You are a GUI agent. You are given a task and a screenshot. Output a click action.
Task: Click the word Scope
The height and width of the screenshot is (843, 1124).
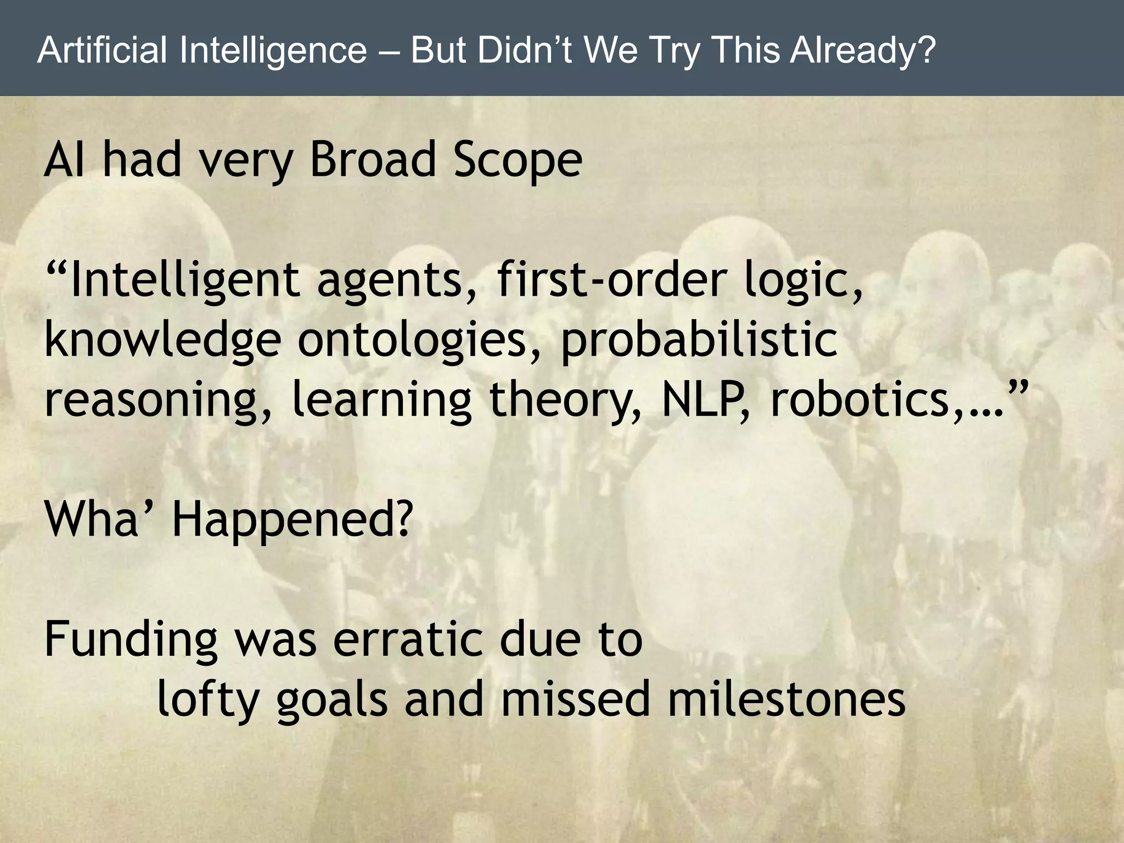click(x=517, y=160)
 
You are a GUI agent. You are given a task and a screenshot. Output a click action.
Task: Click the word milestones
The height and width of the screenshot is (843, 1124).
click(x=785, y=699)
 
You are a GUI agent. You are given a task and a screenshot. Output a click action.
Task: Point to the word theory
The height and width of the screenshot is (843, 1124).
click(x=566, y=401)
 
